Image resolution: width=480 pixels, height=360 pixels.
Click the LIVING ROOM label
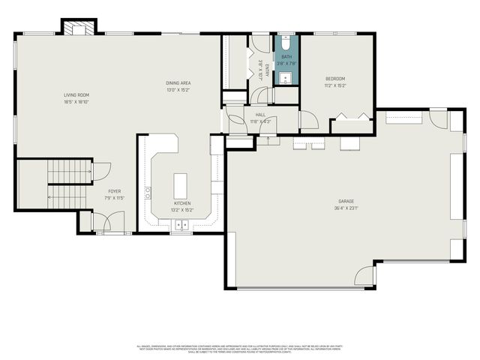(76, 95)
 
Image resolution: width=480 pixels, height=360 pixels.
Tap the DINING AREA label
(178, 82)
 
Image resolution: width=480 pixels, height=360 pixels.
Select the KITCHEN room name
(182, 203)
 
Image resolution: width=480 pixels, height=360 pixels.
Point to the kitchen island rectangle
(181, 184)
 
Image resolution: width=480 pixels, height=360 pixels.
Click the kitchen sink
(181, 223)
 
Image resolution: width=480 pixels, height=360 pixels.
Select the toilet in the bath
(286, 42)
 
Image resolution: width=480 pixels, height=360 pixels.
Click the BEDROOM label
(335, 79)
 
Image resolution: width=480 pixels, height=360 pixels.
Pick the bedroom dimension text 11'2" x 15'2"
(335, 85)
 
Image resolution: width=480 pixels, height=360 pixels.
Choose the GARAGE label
(344, 202)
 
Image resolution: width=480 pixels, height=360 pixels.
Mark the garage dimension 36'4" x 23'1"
(344, 208)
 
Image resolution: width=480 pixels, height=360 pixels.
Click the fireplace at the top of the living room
(78, 28)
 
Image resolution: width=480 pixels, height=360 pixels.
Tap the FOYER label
(114, 191)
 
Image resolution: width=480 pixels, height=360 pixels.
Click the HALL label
(260, 115)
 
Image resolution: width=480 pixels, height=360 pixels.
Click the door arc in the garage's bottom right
(365, 276)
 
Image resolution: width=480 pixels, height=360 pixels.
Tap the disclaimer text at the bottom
(239, 349)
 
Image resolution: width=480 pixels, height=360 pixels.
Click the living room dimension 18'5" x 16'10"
(76, 102)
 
